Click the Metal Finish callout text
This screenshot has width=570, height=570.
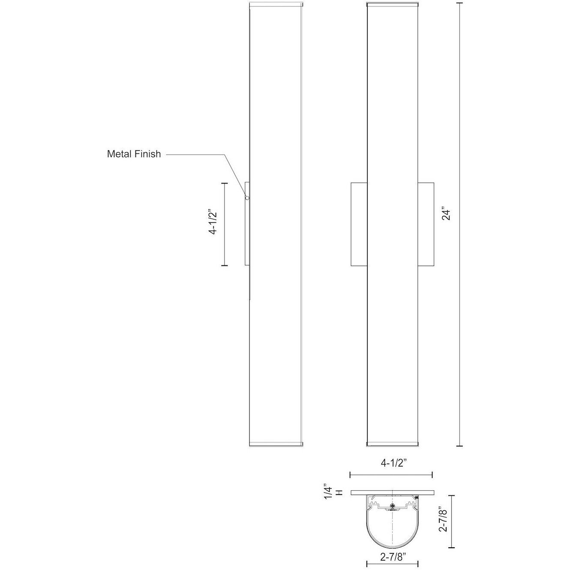pyautogui.click(x=134, y=154)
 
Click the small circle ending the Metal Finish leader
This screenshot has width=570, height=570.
pyautogui.click(x=247, y=198)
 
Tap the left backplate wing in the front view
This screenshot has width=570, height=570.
pyautogui.click(x=359, y=224)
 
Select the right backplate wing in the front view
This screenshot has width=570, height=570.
pyautogui.click(x=426, y=224)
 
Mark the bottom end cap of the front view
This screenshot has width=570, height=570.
pyautogui.click(x=392, y=443)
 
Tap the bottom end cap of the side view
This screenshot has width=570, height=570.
pyautogui.click(x=276, y=443)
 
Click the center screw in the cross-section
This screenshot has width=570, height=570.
pyautogui.click(x=392, y=506)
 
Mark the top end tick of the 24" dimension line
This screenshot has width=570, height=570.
pyautogui.click(x=460, y=3)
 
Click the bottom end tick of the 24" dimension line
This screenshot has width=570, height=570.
pyautogui.click(x=460, y=446)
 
